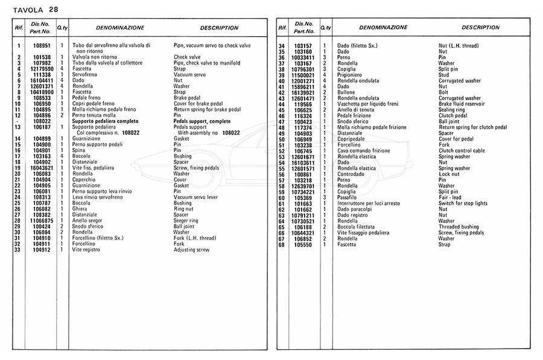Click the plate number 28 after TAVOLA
tap(54, 9)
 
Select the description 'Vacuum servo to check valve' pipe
tap(212, 46)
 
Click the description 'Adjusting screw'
tap(191, 249)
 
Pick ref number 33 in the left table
tap(19, 249)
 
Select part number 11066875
tap(41, 221)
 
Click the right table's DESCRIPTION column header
tap(480, 28)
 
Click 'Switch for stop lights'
tap(463, 204)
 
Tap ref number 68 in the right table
tap(281, 244)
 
